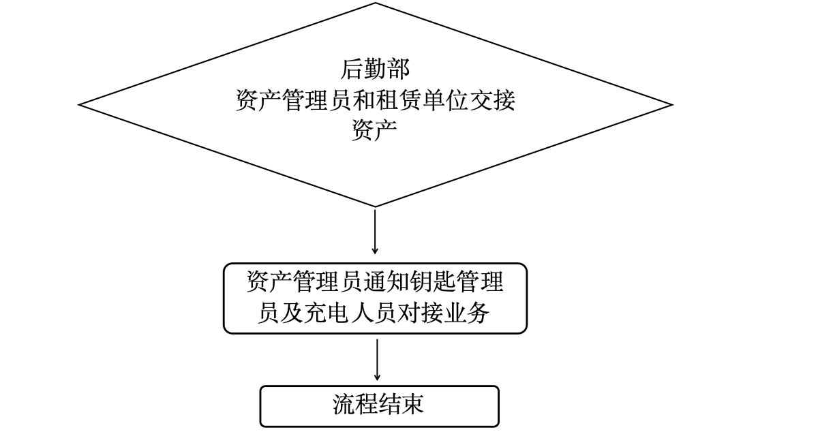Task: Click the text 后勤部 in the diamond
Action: (x=375, y=70)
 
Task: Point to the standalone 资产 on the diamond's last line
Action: (x=375, y=130)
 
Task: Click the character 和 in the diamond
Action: (x=363, y=102)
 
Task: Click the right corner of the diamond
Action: (x=671, y=105)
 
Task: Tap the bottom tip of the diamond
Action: (x=375, y=206)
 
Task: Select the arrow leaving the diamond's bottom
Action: (x=375, y=232)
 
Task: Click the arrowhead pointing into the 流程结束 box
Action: (x=377, y=377)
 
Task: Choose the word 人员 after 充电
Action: (x=374, y=313)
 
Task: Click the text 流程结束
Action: (x=379, y=405)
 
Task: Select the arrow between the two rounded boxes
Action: (x=377, y=358)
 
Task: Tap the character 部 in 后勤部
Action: (x=398, y=70)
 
